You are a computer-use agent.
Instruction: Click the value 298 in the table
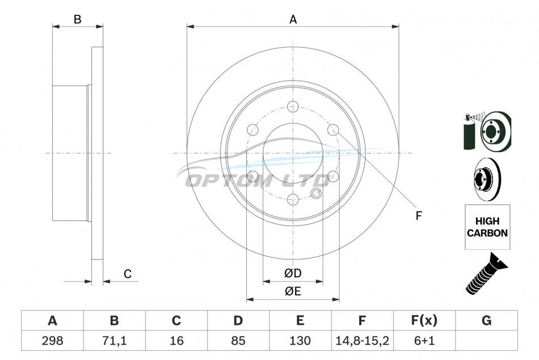(x=52, y=341)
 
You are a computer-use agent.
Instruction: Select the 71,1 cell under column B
(x=114, y=341)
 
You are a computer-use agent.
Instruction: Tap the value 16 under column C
(x=176, y=341)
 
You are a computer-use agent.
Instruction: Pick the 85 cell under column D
(x=238, y=341)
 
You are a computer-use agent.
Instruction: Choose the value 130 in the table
(x=300, y=341)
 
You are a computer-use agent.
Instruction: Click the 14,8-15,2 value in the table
(x=362, y=341)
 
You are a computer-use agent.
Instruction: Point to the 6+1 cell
(x=424, y=341)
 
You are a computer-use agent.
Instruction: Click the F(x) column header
(x=424, y=320)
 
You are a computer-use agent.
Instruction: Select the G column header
(x=486, y=320)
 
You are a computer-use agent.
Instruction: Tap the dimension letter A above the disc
(x=293, y=20)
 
